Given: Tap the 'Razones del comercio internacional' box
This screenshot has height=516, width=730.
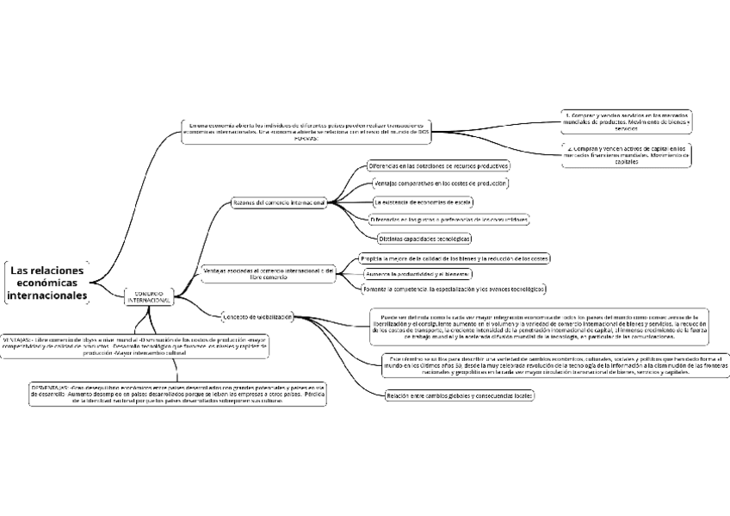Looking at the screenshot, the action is point(279,202).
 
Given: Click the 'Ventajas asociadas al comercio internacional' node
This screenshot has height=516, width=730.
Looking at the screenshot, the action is point(268,274).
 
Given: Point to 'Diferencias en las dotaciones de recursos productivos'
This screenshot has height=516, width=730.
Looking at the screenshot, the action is point(438,165).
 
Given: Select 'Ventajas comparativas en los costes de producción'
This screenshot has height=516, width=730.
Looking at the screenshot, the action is point(440,183).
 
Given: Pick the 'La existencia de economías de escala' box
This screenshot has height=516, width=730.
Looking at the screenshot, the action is point(423,202).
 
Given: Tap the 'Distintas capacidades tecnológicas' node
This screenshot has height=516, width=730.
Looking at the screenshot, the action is point(424,238).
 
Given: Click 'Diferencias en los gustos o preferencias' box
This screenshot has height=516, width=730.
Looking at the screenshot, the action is point(449,220).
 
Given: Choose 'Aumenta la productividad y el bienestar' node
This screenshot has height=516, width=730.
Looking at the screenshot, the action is point(418,273).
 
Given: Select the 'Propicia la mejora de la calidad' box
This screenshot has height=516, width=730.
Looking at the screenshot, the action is point(454,258).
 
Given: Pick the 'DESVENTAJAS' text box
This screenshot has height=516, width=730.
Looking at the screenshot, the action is point(177,394).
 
